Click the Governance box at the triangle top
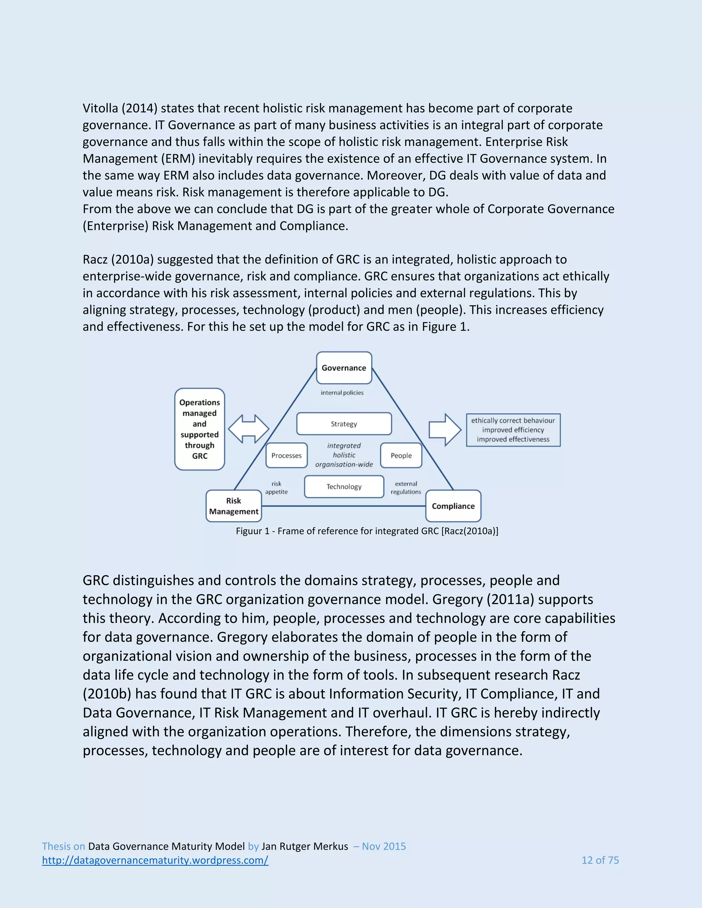[344, 368]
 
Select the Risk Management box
[234, 506]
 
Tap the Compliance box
[453, 506]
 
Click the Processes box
[287, 456]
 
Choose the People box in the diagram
[401, 456]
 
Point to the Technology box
[344, 487]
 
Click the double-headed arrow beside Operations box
[249, 429]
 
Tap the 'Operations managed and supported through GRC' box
[199, 429]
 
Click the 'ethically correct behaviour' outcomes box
[513, 430]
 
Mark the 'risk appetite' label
[277, 488]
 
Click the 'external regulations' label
[406, 488]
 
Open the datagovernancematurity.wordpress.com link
[155, 860]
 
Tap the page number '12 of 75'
[600, 860]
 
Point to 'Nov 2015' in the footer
[384, 846]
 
